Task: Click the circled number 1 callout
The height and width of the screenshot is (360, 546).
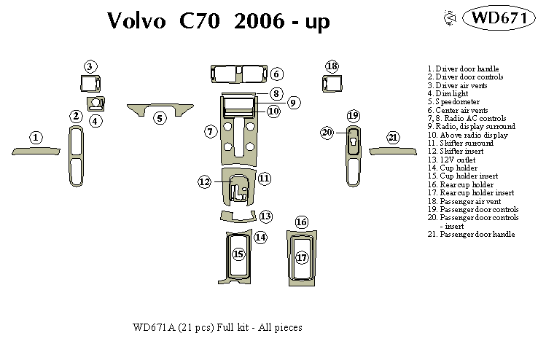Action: (35, 137)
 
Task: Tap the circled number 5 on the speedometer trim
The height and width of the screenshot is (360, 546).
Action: (160, 117)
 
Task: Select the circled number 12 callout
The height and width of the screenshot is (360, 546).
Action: (205, 181)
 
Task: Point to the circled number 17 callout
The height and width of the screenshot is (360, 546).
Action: (302, 257)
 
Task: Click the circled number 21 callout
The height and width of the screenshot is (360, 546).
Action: (394, 138)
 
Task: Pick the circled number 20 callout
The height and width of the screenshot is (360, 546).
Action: (327, 132)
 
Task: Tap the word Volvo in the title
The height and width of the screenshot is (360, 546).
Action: (137, 21)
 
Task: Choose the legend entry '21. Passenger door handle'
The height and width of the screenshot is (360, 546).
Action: (471, 234)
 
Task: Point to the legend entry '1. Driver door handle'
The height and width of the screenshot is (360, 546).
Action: (463, 69)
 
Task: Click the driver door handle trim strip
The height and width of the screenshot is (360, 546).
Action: (35, 151)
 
